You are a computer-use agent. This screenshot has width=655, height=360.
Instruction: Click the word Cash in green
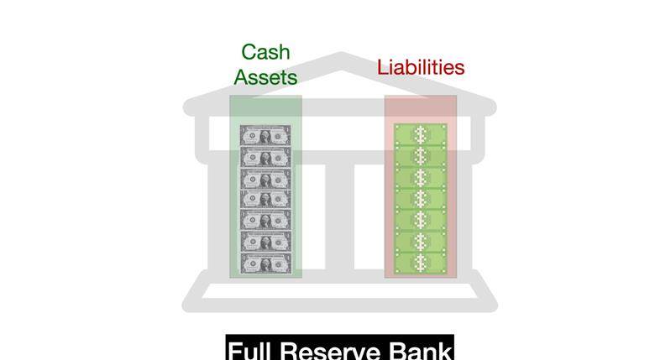tap(265, 52)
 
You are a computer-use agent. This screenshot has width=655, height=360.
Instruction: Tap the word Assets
tap(265, 77)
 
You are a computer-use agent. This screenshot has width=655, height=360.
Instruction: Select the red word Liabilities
tap(421, 67)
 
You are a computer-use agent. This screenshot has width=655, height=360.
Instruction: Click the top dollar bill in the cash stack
tap(265, 135)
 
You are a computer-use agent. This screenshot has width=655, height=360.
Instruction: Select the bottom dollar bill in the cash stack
tap(265, 264)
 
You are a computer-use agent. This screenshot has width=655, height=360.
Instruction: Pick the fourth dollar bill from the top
tap(265, 200)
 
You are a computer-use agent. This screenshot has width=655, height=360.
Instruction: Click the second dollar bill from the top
tap(265, 157)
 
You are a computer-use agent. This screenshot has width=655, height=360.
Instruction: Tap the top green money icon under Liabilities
tap(421, 134)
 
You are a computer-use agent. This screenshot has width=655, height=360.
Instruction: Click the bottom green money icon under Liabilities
tap(421, 263)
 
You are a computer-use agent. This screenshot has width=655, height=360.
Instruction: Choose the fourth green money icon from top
tap(421, 199)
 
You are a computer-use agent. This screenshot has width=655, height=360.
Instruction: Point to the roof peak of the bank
tap(341, 55)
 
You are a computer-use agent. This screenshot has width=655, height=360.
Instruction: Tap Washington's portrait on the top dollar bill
tap(265, 136)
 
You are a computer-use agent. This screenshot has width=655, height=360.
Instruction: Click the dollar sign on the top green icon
tap(421, 134)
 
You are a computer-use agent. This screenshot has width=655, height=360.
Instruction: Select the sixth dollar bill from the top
tap(265, 243)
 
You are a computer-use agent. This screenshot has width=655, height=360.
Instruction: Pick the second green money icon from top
tap(421, 156)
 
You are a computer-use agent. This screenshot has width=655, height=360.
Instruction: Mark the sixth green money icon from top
tap(421, 242)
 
